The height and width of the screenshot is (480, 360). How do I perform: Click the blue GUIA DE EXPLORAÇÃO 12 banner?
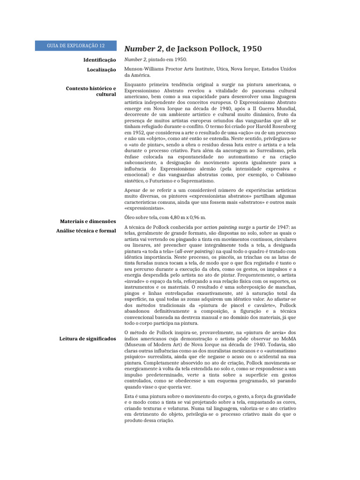click(x=75, y=45)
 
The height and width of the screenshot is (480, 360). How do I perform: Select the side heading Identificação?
click(x=99, y=60)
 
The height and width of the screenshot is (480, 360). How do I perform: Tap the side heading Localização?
click(x=101, y=69)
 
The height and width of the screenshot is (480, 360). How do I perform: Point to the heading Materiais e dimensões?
click(x=88, y=221)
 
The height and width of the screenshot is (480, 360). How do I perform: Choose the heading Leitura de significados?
click(x=88, y=338)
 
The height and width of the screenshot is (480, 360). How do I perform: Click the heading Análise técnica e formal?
click(x=86, y=231)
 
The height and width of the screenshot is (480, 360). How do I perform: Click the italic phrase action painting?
click(x=220, y=227)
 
